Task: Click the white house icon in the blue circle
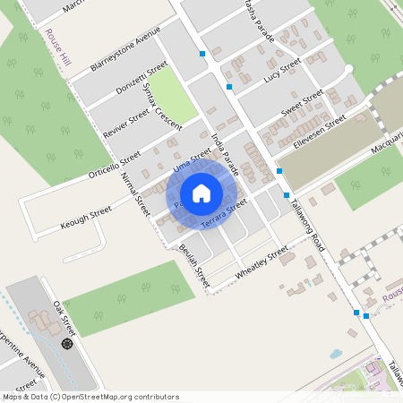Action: click(x=201, y=193)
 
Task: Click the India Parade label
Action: click(x=226, y=151)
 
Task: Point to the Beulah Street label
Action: click(x=193, y=262)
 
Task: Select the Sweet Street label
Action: click(x=302, y=104)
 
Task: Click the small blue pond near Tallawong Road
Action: click(x=335, y=354)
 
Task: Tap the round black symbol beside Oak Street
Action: click(x=66, y=344)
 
